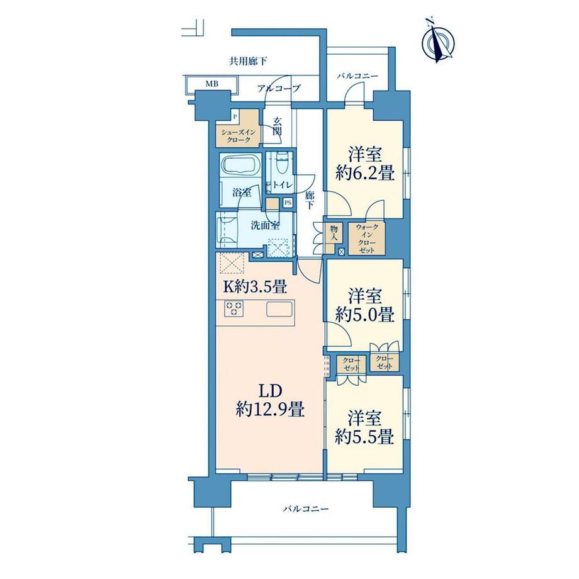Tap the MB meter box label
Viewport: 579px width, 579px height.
[x=212, y=84]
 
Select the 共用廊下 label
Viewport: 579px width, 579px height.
[x=248, y=61]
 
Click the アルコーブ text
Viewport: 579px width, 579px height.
[x=279, y=88]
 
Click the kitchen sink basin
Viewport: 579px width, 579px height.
[x=279, y=309]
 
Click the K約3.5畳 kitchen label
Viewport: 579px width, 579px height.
[x=254, y=286]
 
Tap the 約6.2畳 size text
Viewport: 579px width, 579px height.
[x=365, y=172]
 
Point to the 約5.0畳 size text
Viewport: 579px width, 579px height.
[x=364, y=314]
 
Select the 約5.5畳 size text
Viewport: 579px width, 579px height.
[x=364, y=436]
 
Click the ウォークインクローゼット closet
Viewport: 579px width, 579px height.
[x=367, y=239]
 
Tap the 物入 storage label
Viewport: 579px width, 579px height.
[x=334, y=233]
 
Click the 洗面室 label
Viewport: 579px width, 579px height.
[x=265, y=225]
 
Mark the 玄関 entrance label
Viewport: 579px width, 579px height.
[x=278, y=126]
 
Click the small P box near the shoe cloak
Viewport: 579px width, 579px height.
[x=235, y=116]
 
